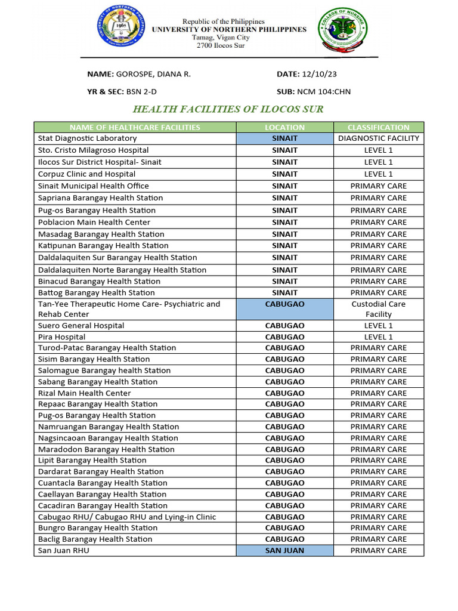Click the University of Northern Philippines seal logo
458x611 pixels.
[120, 31]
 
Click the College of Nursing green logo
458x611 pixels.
[342, 31]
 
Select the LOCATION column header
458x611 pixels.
[284, 127]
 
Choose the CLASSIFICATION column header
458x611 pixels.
[378, 127]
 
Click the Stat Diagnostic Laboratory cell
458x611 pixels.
[87, 138]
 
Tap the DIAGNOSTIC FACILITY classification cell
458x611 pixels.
[378, 138]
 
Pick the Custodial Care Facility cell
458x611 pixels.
[378, 309]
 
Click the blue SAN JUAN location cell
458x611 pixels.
[284, 551]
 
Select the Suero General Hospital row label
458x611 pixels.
[81, 326]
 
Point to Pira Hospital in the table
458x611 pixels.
[61, 337]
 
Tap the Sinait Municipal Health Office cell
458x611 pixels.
[93, 186]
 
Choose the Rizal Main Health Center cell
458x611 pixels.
[84, 393]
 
